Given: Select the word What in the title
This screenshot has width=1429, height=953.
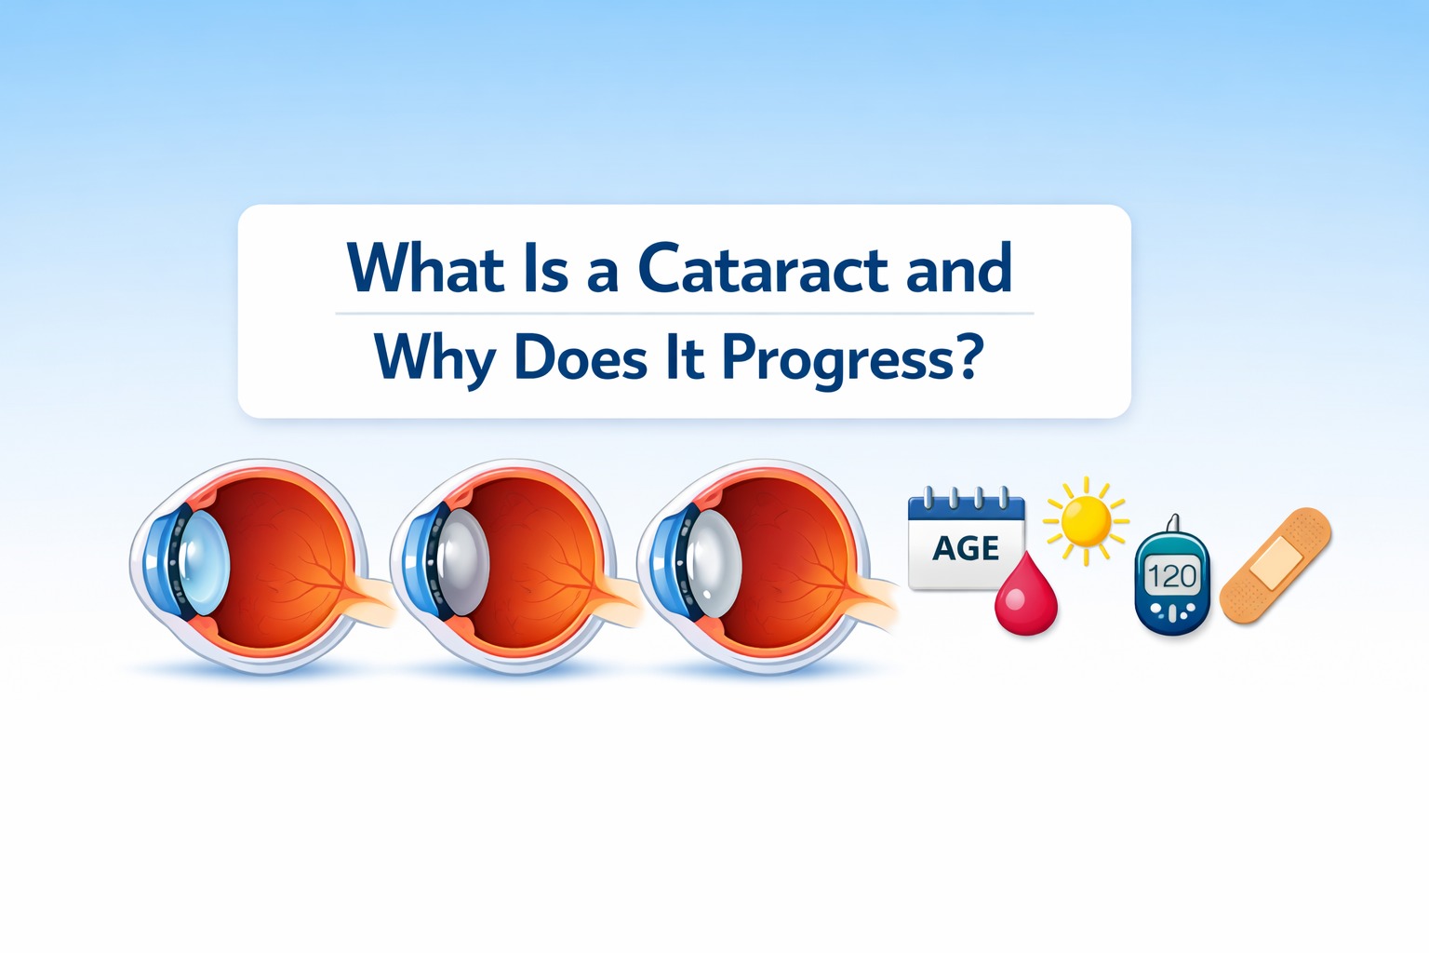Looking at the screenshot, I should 425,269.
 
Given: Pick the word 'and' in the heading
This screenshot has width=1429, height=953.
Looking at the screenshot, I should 958,269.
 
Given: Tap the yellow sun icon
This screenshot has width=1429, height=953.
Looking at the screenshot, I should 1085,521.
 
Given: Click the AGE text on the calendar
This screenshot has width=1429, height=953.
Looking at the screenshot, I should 966,548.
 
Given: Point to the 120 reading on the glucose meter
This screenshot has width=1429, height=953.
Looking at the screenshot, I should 1171,576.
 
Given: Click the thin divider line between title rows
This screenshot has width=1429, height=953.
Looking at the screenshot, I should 685,314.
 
